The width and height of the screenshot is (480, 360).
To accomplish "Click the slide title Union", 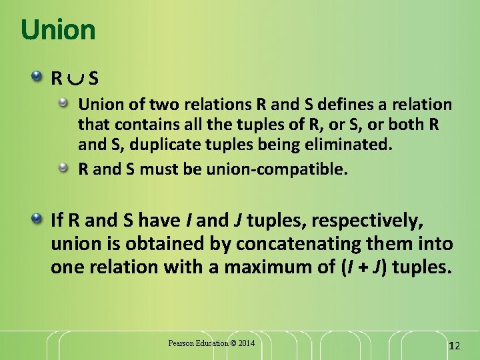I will coord(58,30).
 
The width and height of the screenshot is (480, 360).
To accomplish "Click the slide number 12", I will coord(455,346).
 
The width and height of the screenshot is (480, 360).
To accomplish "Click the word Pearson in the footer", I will coord(181,343).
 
